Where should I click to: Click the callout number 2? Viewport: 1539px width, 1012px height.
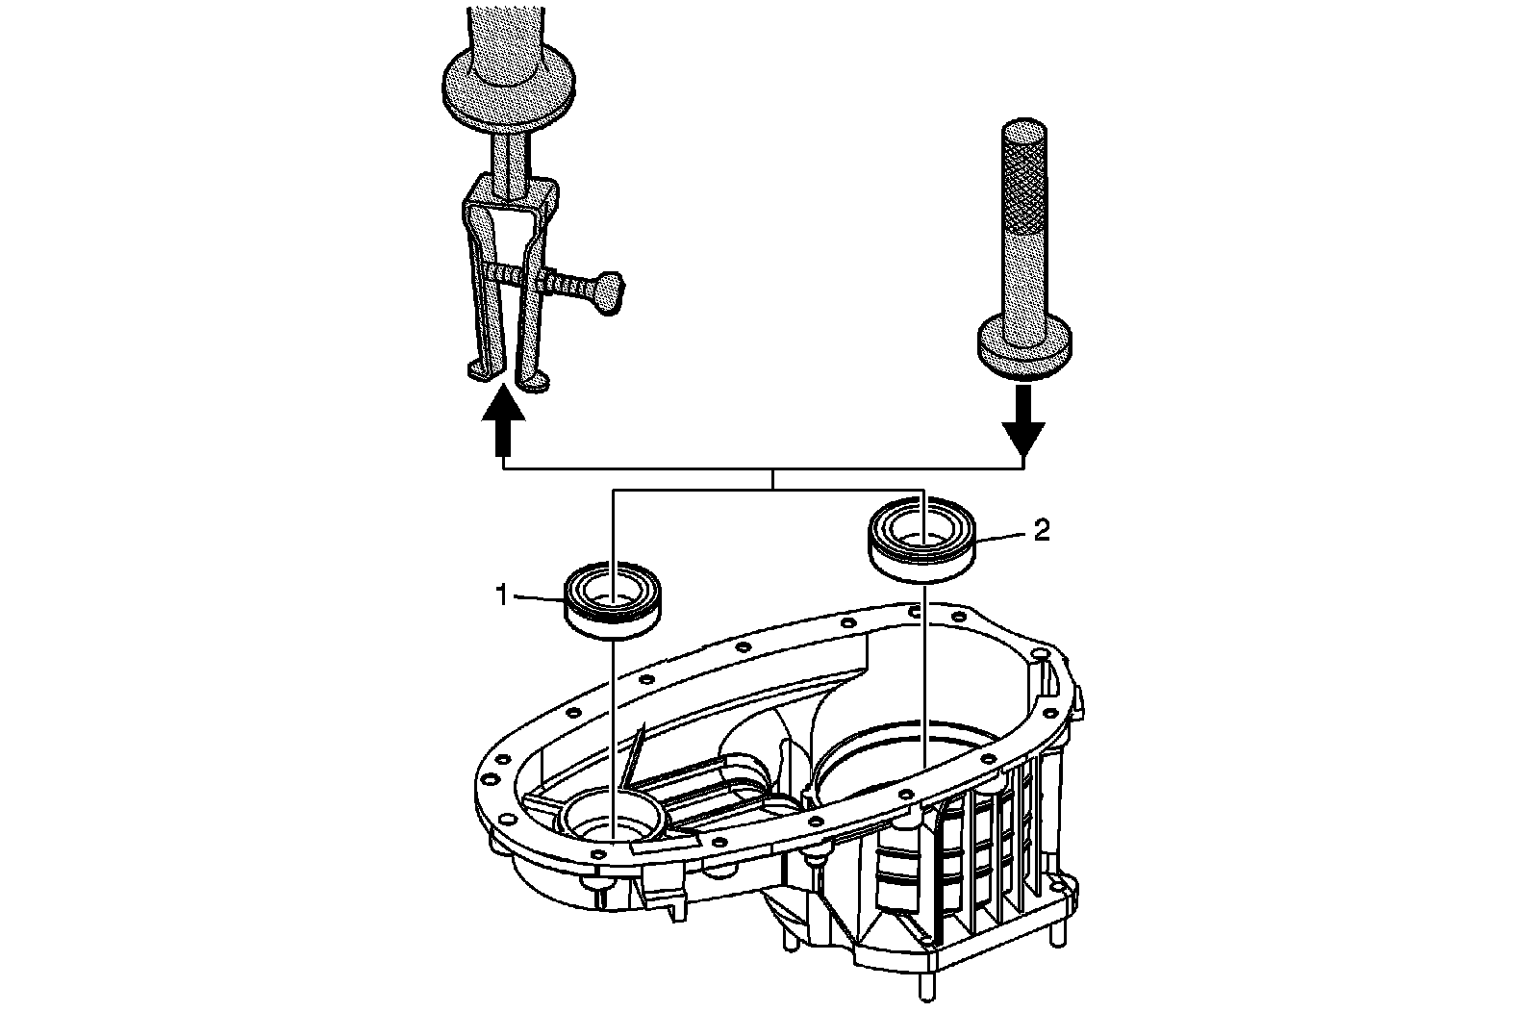click(1041, 530)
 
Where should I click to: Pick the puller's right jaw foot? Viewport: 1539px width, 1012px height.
click(534, 382)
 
